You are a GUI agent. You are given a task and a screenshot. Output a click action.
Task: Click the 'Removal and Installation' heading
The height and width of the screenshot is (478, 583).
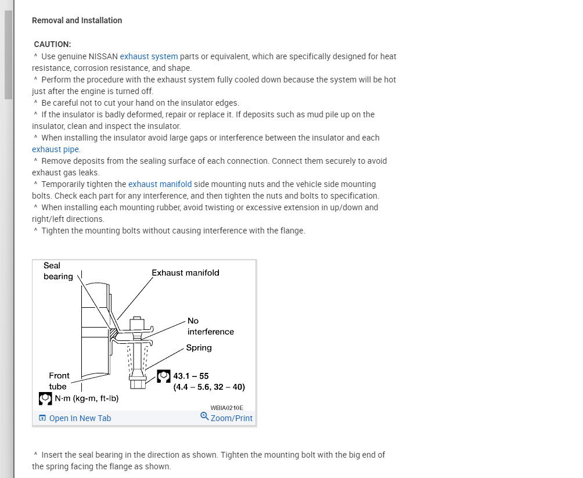[x=77, y=20]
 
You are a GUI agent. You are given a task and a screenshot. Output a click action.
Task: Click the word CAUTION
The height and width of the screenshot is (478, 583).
[x=52, y=44]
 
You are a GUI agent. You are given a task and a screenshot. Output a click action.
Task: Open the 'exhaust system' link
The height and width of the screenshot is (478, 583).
[x=149, y=56]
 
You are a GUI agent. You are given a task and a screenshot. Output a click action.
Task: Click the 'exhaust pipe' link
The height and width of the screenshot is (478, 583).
[x=56, y=149]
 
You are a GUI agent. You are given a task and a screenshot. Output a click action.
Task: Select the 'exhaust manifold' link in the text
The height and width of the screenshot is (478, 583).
[x=160, y=184]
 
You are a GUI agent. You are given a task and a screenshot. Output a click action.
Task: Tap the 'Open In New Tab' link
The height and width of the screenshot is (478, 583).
[x=80, y=418]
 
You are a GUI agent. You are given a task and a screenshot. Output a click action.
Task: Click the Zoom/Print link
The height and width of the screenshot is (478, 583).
[x=231, y=418]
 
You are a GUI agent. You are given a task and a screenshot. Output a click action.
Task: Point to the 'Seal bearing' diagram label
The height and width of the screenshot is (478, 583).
[x=57, y=271]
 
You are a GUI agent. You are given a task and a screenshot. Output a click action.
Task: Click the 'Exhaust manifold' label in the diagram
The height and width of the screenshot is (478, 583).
[x=185, y=272]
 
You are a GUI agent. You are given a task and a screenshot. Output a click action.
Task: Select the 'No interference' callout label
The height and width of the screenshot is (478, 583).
[x=210, y=326]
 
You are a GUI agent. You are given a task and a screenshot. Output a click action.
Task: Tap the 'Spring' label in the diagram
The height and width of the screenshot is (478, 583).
[x=199, y=348]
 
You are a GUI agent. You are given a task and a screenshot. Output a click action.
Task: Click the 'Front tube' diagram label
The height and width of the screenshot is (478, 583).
[x=59, y=381]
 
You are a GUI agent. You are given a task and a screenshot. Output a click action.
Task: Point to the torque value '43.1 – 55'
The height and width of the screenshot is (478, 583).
[x=190, y=376]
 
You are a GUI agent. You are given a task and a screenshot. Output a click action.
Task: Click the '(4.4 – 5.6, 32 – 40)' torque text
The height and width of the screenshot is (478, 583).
[x=209, y=387]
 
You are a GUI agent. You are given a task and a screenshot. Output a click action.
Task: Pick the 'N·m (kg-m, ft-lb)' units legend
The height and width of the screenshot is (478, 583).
[x=86, y=398]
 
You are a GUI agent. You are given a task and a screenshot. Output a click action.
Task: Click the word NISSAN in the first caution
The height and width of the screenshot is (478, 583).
[x=103, y=56]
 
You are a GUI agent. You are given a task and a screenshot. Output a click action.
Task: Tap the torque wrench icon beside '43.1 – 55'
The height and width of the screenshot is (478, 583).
[x=164, y=376]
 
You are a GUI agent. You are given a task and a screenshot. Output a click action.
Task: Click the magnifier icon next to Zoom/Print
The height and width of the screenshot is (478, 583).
[x=204, y=416]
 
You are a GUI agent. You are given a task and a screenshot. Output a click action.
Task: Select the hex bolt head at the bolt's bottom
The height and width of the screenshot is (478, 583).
[x=137, y=384]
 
